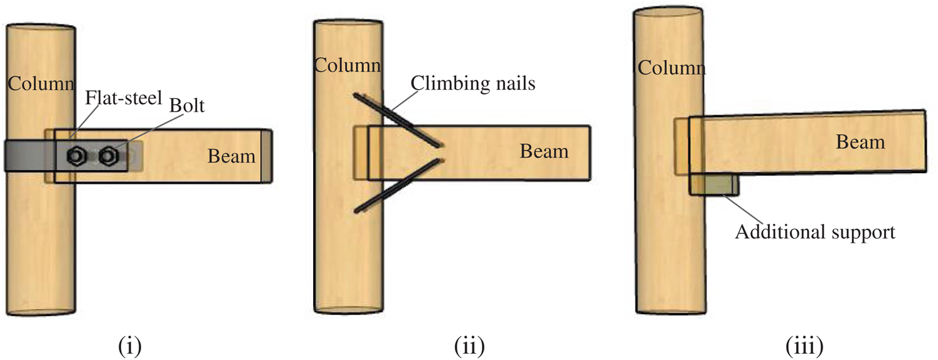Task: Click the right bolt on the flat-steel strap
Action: [109, 154]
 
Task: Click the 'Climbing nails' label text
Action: [473, 83]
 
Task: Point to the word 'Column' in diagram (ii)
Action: [347, 65]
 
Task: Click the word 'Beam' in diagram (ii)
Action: [543, 151]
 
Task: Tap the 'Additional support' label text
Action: [814, 232]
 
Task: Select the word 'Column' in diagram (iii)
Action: [671, 66]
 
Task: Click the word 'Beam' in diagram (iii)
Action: [860, 142]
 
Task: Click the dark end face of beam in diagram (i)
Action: [267, 156]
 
